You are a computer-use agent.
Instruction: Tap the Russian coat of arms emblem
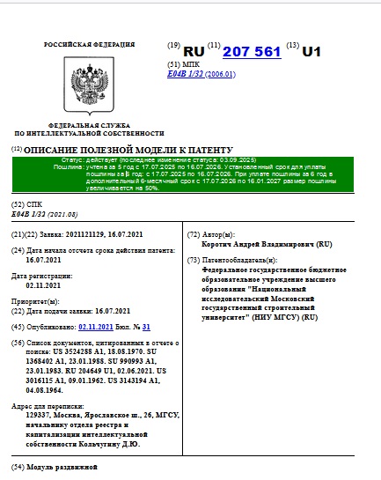[79, 84]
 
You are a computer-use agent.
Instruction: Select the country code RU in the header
[193, 52]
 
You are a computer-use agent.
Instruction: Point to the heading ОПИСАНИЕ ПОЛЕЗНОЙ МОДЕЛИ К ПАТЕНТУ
[128, 151]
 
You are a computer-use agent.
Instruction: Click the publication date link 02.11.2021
[97, 326]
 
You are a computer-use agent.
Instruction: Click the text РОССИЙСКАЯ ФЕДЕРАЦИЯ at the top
[79, 43]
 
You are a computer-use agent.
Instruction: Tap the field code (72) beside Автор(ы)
[194, 235]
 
